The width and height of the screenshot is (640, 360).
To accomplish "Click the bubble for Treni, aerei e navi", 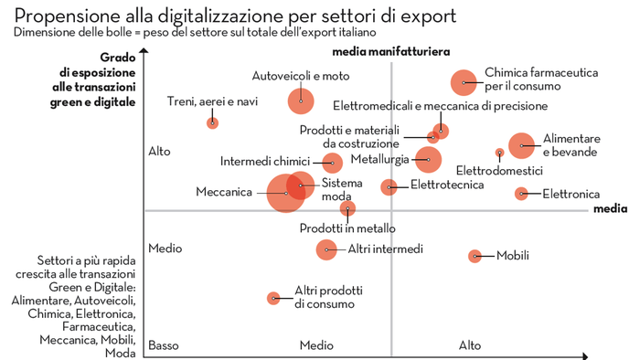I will [212, 122].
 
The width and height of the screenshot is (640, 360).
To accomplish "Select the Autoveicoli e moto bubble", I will [301, 101].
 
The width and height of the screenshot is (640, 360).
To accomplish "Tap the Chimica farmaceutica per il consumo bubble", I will [464, 82].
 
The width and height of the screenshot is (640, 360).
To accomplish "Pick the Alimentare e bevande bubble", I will [521, 145].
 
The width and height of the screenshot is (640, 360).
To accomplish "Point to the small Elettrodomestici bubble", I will [499, 153].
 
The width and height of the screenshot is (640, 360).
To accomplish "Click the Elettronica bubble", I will [521, 194].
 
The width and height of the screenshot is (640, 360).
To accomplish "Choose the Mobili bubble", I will [475, 256].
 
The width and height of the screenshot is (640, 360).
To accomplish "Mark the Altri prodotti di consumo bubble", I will [272, 298].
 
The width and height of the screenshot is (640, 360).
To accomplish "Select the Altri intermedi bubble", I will [326, 249].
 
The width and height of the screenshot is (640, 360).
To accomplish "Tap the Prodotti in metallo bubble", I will [347, 208].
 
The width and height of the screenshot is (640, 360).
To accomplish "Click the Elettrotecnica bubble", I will [389, 186].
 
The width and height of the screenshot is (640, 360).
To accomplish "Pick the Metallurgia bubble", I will [427, 160].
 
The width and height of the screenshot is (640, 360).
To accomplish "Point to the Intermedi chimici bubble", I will [332, 163].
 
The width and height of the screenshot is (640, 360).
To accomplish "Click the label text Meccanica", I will [223, 193].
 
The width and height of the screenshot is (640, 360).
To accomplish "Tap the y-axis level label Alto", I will [159, 152].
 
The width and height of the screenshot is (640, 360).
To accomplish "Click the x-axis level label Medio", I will [316, 345].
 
